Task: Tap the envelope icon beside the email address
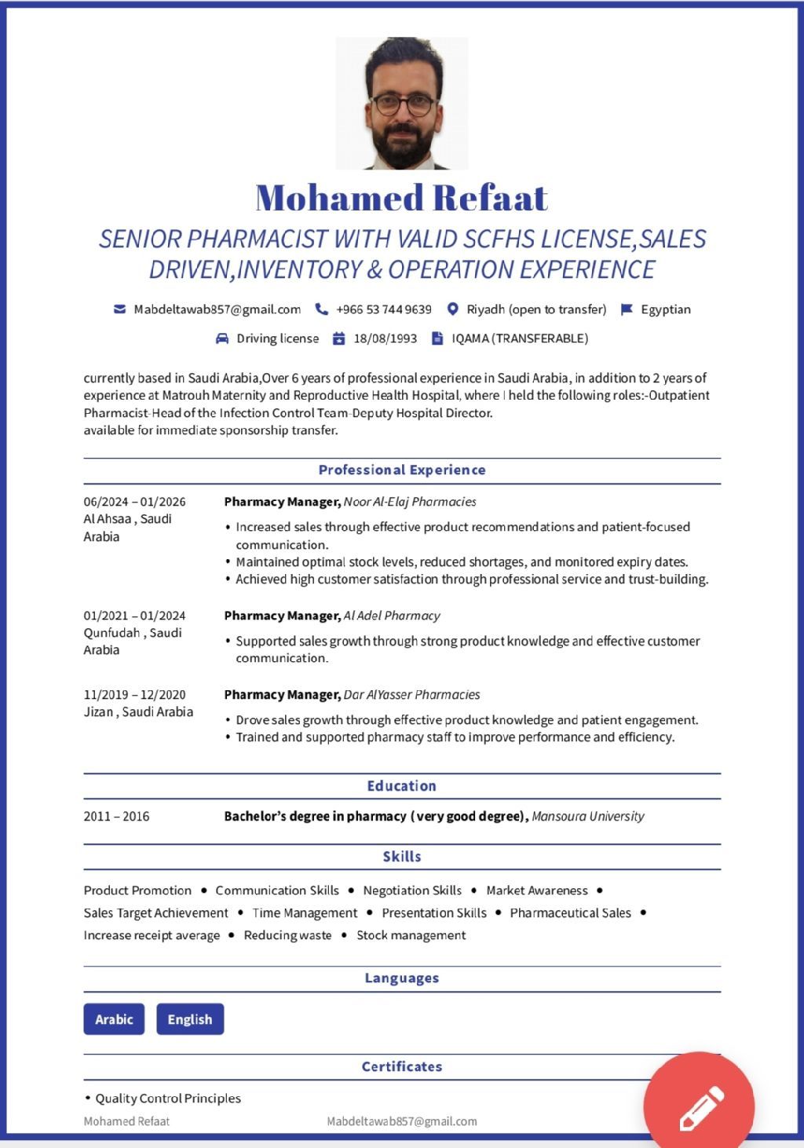point(119,309)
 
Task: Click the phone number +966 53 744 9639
point(384,309)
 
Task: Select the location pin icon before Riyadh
point(452,309)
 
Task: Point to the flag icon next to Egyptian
point(627,309)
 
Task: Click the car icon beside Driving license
point(222,338)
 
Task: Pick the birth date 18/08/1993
point(385,338)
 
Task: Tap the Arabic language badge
point(114,1019)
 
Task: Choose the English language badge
point(190,1019)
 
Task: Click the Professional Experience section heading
point(402,470)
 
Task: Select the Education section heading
point(402,786)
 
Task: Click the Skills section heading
point(402,857)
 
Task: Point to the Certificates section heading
point(402,1066)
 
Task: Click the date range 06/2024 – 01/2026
point(135,502)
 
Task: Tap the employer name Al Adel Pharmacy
point(392,616)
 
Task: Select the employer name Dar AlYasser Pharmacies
point(411,695)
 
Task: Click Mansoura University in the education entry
point(588,817)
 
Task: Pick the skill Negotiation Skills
point(412,890)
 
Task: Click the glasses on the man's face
point(402,104)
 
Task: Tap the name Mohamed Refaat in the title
point(402,197)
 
